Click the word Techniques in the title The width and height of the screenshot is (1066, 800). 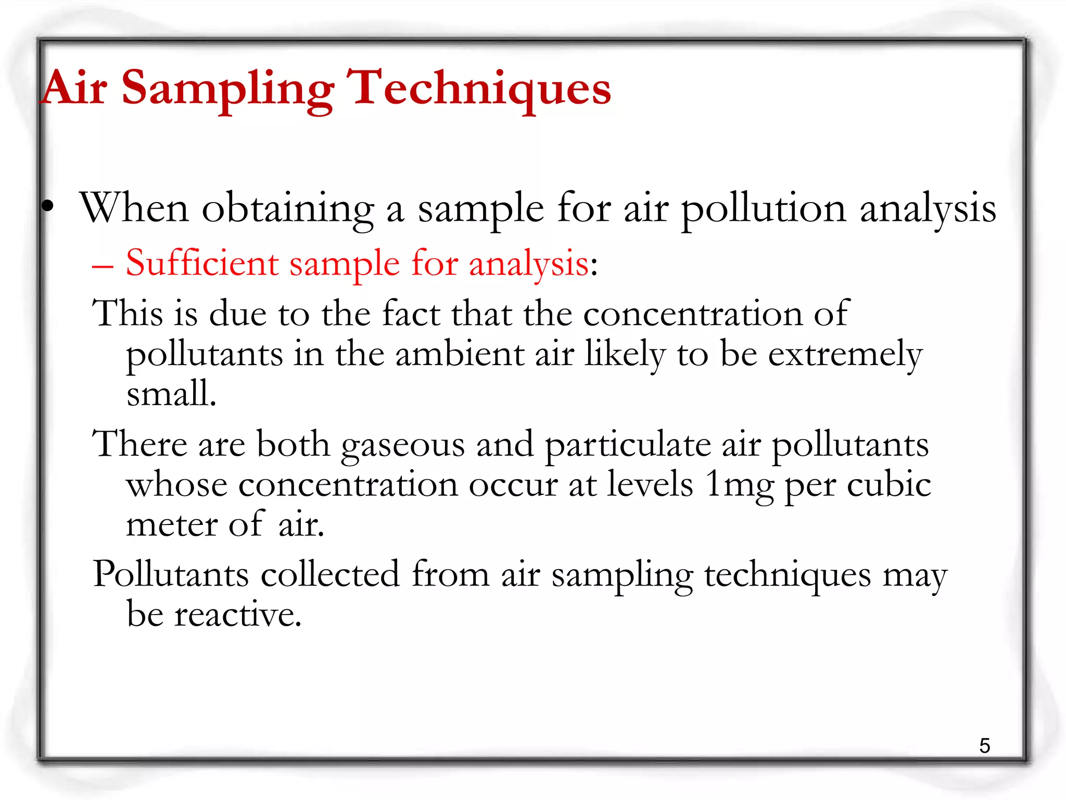(479, 89)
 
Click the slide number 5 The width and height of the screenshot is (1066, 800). (984, 746)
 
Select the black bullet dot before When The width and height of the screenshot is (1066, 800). (48, 206)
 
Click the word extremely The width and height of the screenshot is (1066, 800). (845, 355)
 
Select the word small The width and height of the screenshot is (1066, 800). (171, 393)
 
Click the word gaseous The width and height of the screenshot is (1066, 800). (402, 446)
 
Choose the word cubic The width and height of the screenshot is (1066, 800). (889, 485)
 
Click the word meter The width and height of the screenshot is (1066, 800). (171, 525)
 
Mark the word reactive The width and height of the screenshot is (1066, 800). (237, 615)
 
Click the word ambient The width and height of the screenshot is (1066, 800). (459, 355)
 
